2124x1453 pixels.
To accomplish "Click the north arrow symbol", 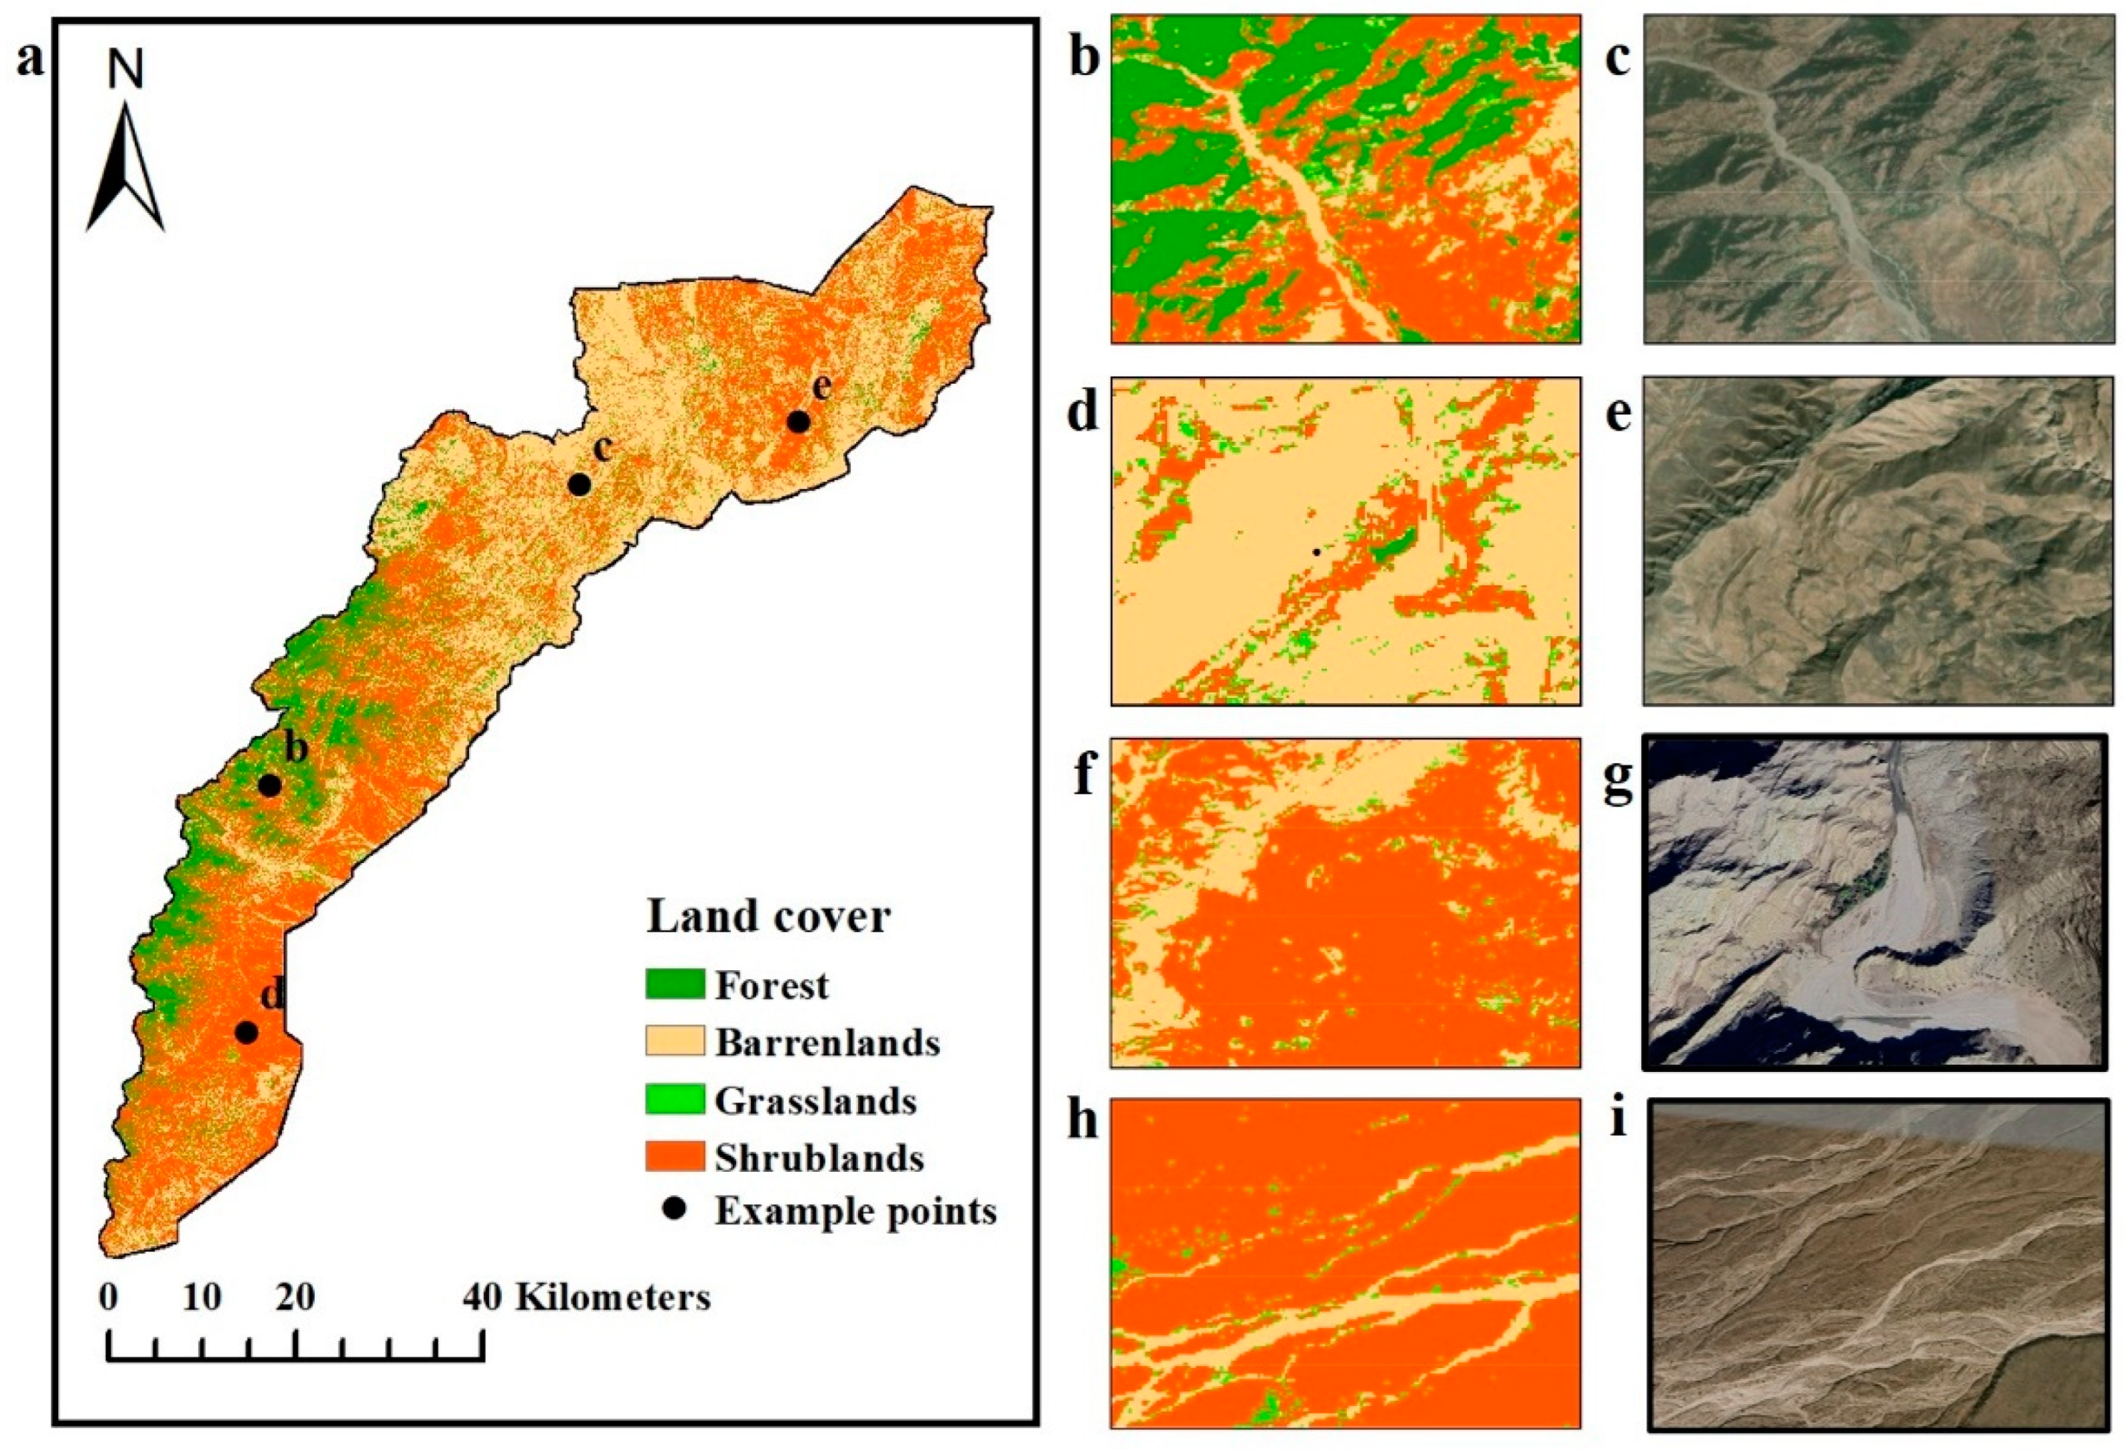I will [x=125, y=170].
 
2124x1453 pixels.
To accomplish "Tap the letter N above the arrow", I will [x=126, y=69].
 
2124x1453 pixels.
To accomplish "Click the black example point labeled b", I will [x=269, y=785].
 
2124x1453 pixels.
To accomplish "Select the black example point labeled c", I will [x=578, y=484].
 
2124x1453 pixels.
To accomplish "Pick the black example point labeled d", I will [x=246, y=1033].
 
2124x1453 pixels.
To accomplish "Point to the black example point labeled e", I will [x=799, y=422].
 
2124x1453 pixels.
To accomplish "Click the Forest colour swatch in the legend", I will [x=674, y=984].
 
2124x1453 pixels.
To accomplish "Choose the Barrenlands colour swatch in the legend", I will [x=674, y=1042].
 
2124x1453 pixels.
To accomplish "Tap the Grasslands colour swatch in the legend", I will [x=674, y=1100].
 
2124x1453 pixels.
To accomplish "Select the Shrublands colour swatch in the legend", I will [x=674, y=1157].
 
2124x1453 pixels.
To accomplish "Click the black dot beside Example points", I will [x=674, y=1211].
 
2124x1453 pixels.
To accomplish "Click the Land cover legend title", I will [x=769, y=917].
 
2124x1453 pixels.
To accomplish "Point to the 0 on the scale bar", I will [x=109, y=1298].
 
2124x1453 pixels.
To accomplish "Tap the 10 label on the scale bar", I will [x=202, y=1298].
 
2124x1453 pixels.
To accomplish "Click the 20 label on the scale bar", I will [x=295, y=1298].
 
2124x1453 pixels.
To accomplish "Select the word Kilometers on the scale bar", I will [x=612, y=1298].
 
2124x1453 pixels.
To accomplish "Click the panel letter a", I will [x=31, y=60].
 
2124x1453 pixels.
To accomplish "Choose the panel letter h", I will [x=1083, y=1120].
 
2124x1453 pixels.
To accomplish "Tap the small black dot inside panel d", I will [x=1316, y=552].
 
